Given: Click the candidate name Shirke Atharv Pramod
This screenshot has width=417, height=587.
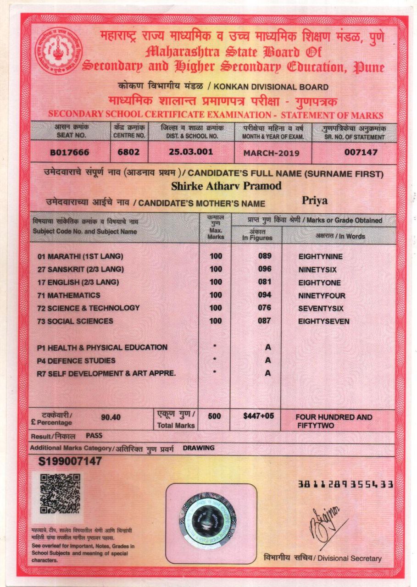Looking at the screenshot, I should point(226,186).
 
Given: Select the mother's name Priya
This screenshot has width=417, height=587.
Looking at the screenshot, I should point(313,200).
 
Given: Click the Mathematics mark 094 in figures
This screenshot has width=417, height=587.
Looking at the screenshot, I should point(264,295).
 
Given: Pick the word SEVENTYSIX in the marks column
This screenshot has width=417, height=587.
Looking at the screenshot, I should point(321,309).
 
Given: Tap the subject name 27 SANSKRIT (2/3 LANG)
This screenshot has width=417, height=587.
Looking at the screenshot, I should point(81,269).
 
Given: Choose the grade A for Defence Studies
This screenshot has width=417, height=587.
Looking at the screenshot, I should point(268,360).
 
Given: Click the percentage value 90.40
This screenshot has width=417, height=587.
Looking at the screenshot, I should point(111,417).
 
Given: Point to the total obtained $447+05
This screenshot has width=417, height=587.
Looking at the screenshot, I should point(258,416).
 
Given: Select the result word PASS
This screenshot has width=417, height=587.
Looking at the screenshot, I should point(94,435).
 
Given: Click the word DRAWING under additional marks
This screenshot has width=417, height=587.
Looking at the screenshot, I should point(199,448).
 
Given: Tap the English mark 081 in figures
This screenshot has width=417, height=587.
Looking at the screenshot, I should point(264,282).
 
